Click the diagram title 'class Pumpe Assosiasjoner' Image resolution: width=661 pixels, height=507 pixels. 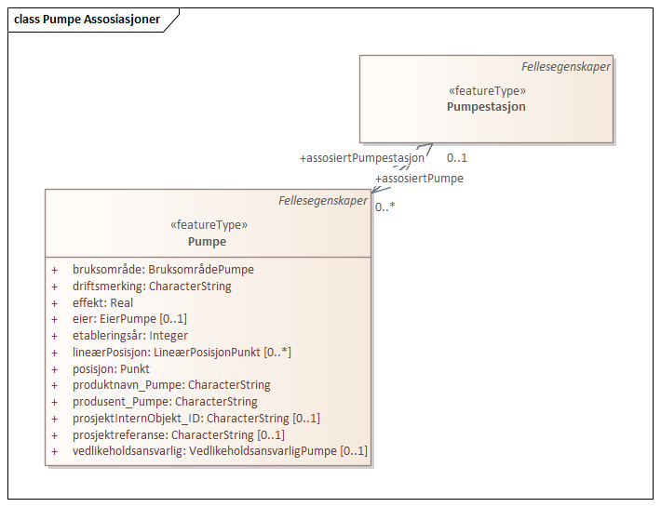click(x=87, y=19)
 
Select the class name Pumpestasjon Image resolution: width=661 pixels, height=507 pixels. click(x=486, y=107)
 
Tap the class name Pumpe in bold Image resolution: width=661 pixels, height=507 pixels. click(x=207, y=242)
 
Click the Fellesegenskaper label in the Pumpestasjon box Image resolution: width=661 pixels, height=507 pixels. click(x=566, y=67)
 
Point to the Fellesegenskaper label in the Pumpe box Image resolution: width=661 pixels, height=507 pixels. click(x=323, y=202)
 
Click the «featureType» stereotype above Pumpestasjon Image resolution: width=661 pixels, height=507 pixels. click(x=487, y=91)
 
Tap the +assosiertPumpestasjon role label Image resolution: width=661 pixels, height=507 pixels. click(x=362, y=158)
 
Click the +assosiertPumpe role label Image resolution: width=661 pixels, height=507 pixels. click(x=419, y=179)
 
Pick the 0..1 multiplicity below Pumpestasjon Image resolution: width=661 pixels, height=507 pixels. click(x=457, y=158)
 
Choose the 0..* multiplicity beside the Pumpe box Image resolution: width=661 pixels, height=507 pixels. click(x=385, y=207)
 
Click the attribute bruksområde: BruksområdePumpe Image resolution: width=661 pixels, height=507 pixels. click(x=163, y=270)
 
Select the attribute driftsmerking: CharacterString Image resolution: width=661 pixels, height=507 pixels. click(x=152, y=287)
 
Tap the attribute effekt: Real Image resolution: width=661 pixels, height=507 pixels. click(x=102, y=303)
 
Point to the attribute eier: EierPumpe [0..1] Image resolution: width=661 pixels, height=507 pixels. click(x=129, y=319)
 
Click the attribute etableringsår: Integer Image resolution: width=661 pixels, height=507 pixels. click(x=130, y=336)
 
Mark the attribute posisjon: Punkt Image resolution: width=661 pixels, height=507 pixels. click(x=111, y=369)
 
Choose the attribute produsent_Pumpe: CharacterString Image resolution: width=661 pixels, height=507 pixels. click(x=165, y=402)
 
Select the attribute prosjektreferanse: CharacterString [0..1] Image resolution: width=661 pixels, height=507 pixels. click(x=179, y=435)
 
